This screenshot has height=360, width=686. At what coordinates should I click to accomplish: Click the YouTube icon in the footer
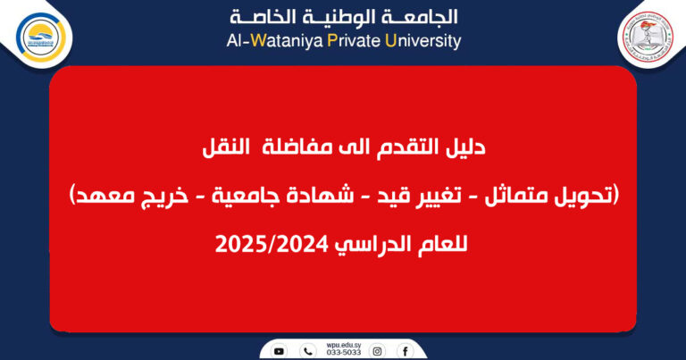coord(280,350)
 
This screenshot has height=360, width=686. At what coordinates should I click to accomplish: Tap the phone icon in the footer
coord(308,350)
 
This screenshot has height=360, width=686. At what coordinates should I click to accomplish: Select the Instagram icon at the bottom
coord(378,350)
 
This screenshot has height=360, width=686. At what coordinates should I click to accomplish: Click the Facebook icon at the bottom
coord(406,350)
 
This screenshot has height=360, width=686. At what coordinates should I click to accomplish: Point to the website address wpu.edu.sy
coord(342,344)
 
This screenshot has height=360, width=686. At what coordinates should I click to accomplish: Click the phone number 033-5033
coord(342,354)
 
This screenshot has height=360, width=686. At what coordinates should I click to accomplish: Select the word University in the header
coord(422,40)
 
